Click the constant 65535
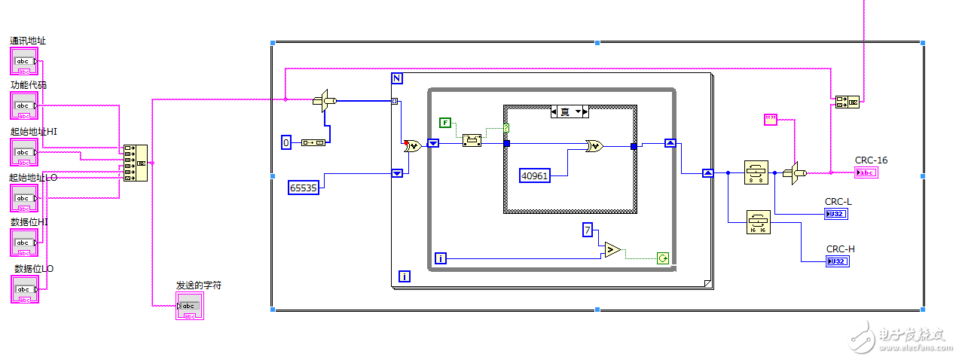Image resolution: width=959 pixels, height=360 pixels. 303,187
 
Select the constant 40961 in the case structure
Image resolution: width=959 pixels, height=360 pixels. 535,175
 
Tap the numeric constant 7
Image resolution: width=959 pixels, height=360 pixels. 588,230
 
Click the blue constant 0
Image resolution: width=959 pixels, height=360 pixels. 286,142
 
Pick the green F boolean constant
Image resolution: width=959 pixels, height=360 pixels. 444,122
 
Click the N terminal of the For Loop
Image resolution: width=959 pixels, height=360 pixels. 397,78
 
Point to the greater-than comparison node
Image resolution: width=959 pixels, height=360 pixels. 612,249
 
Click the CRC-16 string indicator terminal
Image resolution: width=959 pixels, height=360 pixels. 866,172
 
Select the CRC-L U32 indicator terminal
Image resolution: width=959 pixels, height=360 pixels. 835,214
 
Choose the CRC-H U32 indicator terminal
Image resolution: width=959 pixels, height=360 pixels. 837,261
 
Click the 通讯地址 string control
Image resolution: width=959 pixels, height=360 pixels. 24,61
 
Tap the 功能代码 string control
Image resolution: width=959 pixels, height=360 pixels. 24,105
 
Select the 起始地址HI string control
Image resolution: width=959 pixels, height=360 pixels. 24,152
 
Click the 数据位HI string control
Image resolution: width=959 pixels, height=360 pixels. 24,243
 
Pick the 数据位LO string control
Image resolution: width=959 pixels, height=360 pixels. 24,289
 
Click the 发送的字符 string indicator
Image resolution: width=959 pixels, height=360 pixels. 189,306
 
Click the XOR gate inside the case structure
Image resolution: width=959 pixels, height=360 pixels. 594,147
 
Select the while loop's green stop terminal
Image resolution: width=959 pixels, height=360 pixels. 662,258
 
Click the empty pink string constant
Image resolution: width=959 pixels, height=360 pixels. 770,119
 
